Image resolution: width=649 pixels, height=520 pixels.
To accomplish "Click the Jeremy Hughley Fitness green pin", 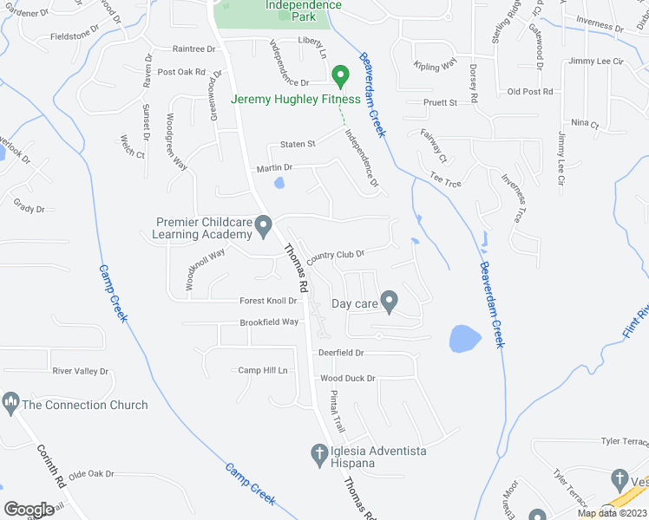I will [x=341, y=77].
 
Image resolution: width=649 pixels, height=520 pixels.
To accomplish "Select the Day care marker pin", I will [x=390, y=302].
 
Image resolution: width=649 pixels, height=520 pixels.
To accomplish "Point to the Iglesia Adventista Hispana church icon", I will [x=319, y=456].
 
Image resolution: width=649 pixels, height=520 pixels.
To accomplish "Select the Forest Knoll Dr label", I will [x=268, y=301].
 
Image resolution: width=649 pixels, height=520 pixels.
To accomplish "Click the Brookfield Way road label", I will [x=269, y=322].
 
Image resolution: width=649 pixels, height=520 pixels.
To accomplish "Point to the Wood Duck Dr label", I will [x=347, y=379].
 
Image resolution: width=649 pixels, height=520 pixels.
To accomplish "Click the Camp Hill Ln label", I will [x=263, y=370].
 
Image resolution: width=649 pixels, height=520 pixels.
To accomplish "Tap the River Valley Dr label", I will [x=81, y=371].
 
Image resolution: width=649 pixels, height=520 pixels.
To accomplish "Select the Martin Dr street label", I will [x=273, y=167].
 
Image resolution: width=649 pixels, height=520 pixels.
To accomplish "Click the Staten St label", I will [x=297, y=144].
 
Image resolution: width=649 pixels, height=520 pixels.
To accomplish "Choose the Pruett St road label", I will [x=440, y=102].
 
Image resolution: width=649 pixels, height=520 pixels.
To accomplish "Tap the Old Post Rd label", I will [x=530, y=92].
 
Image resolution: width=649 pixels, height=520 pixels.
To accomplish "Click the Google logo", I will [x=29, y=509].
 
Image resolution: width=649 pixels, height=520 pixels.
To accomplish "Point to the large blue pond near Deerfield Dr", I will [x=465, y=338].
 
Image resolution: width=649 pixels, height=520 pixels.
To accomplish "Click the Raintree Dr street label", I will [x=193, y=49].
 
